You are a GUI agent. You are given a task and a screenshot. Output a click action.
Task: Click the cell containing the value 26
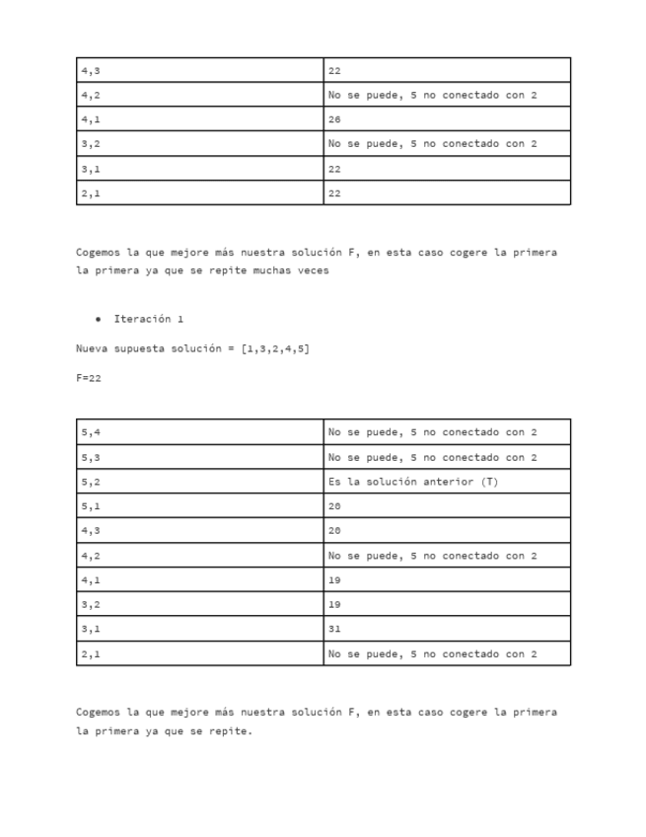click(334, 119)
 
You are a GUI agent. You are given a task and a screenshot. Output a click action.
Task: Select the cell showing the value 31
click(334, 629)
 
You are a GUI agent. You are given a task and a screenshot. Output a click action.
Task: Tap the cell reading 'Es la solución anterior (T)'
click(412, 482)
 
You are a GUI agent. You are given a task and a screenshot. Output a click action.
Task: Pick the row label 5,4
click(91, 432)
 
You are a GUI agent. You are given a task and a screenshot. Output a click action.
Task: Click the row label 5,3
click(91, 457)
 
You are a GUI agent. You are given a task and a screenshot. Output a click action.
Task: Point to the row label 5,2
click(91, 482)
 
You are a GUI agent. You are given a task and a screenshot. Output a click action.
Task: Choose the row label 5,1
click(91, 506)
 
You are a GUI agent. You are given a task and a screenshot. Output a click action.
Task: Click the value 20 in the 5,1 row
click(334, 506)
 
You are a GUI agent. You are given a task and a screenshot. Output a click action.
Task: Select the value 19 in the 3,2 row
click(334, 604)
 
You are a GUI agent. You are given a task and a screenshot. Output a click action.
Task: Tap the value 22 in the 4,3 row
click(334, 71)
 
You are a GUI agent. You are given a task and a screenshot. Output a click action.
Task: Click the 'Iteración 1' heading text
click(148, 319)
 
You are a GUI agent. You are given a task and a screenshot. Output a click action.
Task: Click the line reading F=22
click(89, 378)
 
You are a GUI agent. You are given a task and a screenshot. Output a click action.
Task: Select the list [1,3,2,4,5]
click(275, 348)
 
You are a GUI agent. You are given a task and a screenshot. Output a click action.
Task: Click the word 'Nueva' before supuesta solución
click(92, 348)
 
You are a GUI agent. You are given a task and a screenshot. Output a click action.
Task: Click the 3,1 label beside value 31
click(91, 629)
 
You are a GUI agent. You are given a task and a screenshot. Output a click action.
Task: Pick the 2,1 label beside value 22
click(91, 193)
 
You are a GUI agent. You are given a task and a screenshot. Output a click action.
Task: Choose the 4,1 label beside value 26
click(91, 119)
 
